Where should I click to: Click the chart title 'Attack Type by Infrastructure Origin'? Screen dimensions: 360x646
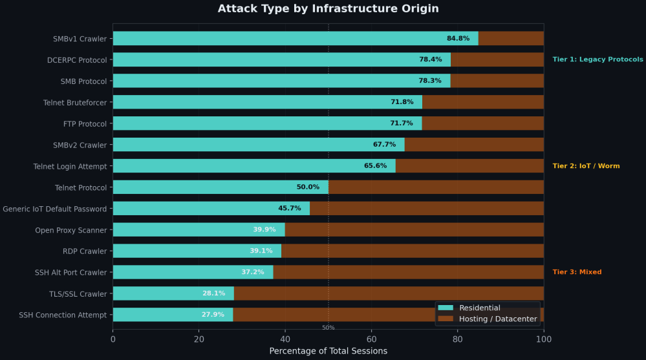click(328, 8)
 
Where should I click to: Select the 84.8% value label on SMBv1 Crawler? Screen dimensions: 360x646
click(458, 39)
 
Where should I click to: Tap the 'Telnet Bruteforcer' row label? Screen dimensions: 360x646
click(75, 102)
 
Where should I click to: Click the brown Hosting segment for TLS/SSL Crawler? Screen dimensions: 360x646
click(388, 293)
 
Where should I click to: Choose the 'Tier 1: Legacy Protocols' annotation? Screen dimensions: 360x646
click(598, 59)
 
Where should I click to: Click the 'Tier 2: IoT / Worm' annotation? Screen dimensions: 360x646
click(586, 166)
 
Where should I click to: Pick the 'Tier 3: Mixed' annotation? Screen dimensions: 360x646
click(577, 272)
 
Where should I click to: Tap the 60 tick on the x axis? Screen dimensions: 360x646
click(371, 338)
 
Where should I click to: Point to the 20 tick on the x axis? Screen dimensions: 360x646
click(199, 338)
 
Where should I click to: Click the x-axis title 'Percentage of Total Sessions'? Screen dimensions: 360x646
click(328, 351)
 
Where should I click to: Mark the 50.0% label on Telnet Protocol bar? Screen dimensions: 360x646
click(308, 187)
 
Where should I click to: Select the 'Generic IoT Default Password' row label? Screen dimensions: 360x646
click(55, 209)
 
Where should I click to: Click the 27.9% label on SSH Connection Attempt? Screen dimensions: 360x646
click(213, 315)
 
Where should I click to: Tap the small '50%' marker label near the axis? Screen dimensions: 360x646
click(328, 328)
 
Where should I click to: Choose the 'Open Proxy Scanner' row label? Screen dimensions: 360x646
click(71, 230)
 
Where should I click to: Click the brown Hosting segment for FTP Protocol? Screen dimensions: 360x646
click(482, 123)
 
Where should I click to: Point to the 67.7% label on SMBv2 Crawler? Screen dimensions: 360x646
click(384, 145)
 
